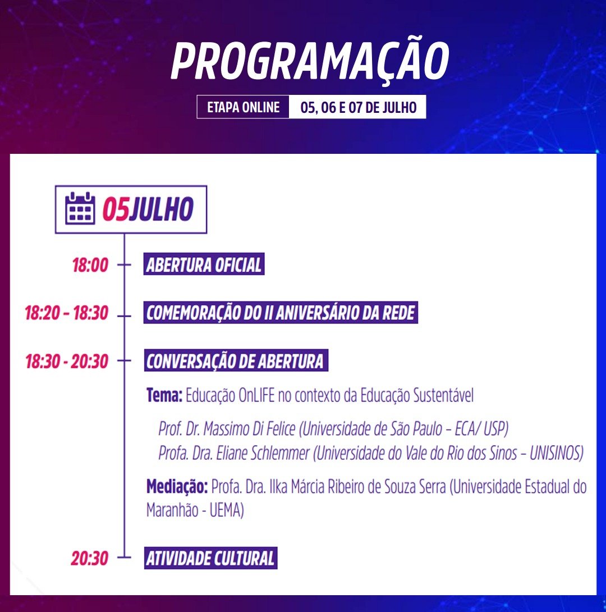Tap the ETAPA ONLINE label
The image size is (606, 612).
(x=243, y=107)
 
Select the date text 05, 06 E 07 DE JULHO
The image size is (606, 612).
(x=358, y=107)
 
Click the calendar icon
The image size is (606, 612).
(x=80, y=208)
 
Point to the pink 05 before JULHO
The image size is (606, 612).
(x=115, y=209)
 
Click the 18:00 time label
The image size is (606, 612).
(x=90, y=265)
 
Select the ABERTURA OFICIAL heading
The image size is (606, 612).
(x=204, y=265)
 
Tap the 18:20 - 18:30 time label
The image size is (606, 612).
(x=66, y=313)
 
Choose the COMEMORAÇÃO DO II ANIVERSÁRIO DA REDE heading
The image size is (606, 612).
(x=281, y=313)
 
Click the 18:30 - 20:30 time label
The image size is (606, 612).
(x=66, y=361)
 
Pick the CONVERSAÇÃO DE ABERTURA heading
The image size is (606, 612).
(x=235, y=361)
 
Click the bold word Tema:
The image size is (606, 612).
(x=164, y=395)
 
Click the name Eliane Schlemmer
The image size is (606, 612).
(x=263, y=453)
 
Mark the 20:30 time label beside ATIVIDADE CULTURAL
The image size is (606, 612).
(x=89, y=559)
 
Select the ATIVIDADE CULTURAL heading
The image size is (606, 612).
(x=210, y=559)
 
